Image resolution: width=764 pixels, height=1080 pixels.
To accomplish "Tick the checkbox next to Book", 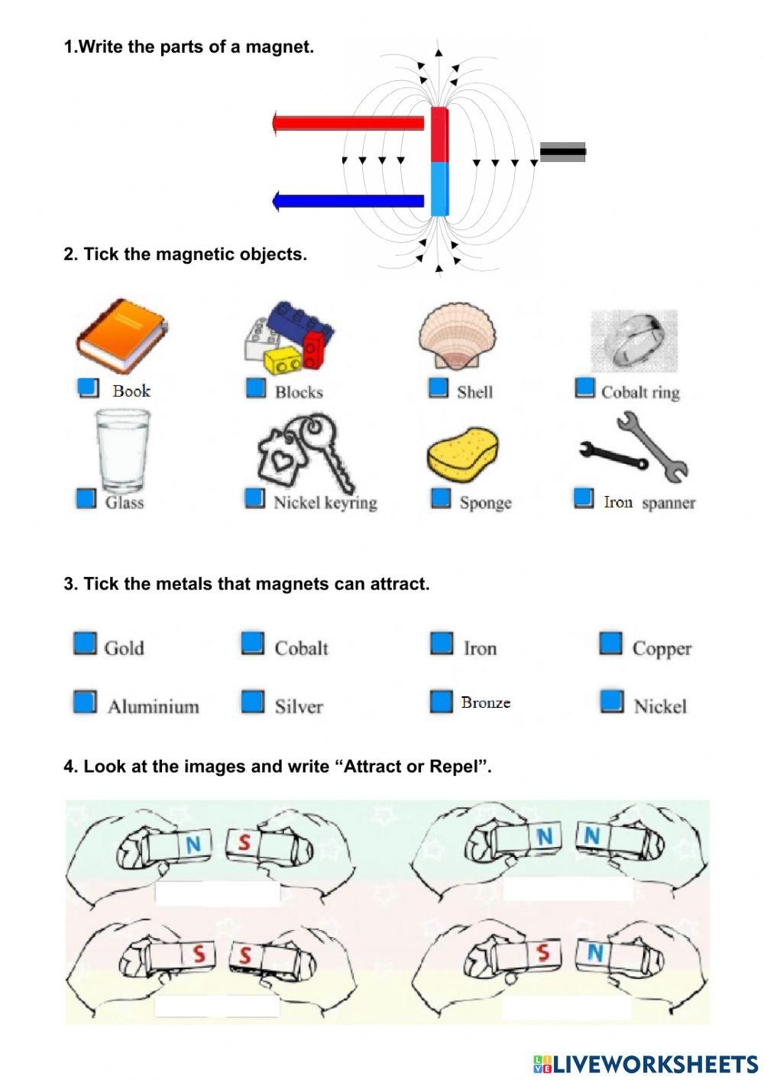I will click(89, 388).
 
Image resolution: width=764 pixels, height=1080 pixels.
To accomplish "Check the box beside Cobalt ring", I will click(584, 388).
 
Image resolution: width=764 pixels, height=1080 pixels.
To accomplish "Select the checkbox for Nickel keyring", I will click(254, 498).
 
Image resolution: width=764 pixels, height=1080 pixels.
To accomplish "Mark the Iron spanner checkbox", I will click(584, 498).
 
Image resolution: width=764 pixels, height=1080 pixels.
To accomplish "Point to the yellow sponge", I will click(462, 456).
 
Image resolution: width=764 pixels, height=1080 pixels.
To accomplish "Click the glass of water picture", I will click(122, 451).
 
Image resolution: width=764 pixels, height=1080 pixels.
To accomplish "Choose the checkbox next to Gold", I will click(85, 644).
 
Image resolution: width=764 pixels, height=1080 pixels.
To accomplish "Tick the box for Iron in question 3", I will click(441, 644).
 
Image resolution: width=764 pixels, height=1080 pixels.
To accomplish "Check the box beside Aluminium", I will click(85, 702).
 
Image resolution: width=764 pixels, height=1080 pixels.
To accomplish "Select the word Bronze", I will click(485, 702).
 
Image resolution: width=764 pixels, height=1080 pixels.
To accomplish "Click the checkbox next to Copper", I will click(610, 644).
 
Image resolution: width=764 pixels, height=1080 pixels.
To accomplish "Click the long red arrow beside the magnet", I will click(348, 123).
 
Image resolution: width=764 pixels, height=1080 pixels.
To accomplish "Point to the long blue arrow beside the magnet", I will click(348, 201).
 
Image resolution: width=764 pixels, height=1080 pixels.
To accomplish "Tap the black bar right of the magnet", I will click(563, 152).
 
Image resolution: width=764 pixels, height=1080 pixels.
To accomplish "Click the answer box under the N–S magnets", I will click(217, 894).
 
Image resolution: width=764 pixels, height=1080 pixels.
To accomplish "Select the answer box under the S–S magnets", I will click(217, 1006).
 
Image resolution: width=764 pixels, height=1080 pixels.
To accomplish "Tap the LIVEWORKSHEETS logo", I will click(646, 1063).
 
